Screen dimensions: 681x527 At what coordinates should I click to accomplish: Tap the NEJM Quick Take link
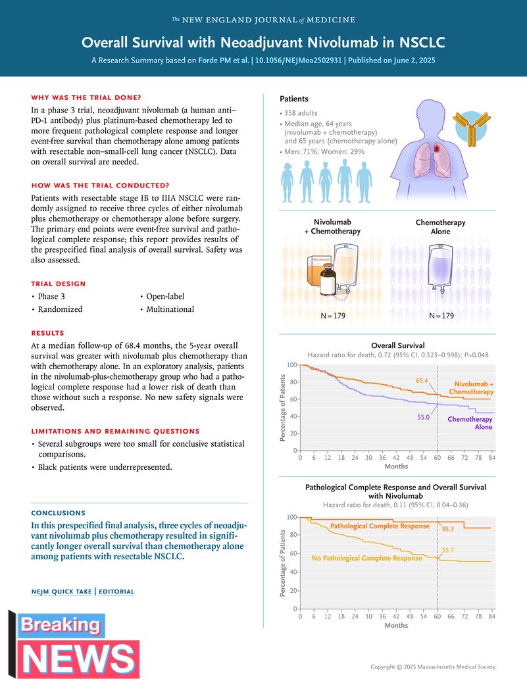point(62,592)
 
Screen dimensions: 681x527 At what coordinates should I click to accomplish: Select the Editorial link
point(116,592)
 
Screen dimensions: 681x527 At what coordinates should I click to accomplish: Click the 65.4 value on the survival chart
point(422,381)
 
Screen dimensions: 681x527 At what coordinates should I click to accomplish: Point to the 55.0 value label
point(422,417)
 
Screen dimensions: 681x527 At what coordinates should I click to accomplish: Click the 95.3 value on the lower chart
point(449,528)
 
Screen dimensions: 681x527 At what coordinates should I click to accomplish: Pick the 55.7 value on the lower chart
point(448,549)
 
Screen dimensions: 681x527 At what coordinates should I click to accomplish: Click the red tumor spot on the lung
point(437,150)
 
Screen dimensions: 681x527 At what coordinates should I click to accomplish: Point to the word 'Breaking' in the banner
point(61,626)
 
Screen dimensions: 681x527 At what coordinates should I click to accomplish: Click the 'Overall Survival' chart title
point(397,345)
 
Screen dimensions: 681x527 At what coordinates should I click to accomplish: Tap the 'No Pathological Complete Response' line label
point(366,558)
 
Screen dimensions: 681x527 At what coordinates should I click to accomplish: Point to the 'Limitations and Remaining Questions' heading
point(115,431)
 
